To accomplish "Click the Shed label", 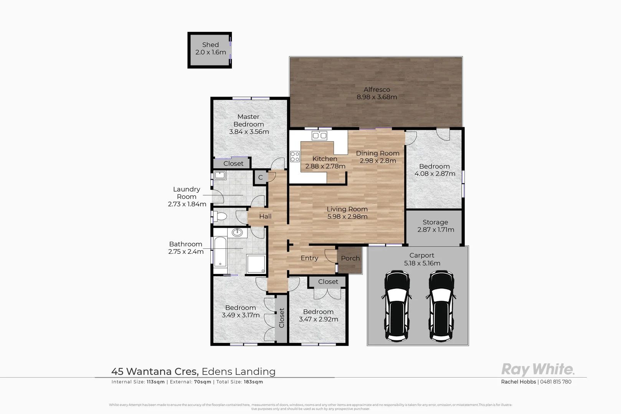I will pos(210,45).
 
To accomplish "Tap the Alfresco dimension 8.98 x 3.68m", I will pos(377,97).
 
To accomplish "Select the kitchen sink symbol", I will pos(319,135).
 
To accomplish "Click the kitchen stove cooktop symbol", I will pos(295,156).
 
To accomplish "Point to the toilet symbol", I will pos(220,217).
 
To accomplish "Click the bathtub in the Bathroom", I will pos(220,251).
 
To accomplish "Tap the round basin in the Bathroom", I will pos(237,232).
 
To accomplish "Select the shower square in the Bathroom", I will pos(256,264).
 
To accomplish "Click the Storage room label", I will pos(435,222).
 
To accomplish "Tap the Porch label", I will pos(350,258).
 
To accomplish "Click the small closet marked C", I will pos(260,177).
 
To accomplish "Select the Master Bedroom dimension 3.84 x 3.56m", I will pos(249,132).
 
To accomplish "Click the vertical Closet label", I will pos(281,318).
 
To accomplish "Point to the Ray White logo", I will pos(537,370).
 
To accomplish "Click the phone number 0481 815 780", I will pos(555,382).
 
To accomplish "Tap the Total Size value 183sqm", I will pos(253,382).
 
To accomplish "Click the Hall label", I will pos(265,217).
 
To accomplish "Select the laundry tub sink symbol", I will pos(220,176).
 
